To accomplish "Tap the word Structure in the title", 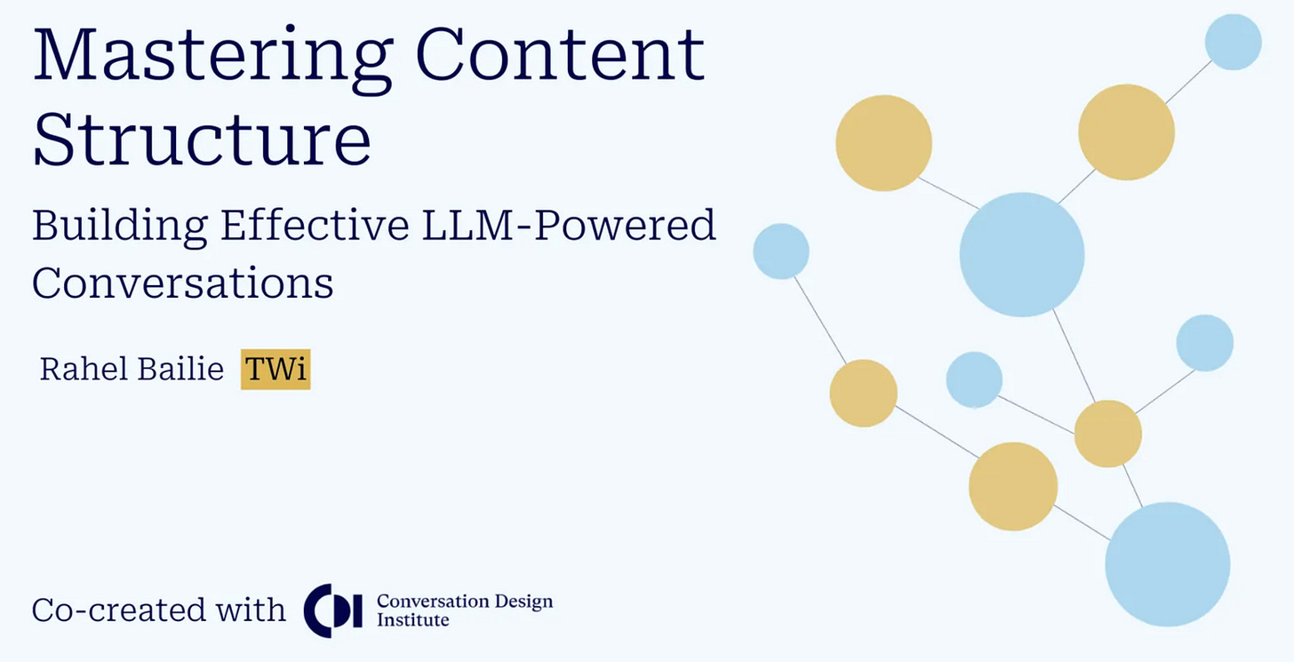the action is pos(202,140).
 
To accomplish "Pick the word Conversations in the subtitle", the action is pos(183,283).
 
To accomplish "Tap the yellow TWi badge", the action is pos(276,369).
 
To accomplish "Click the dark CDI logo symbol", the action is pos(332,610).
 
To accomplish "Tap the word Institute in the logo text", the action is pos(412,620).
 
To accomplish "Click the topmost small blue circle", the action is pos(1233,42).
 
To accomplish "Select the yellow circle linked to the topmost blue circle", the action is pos(1126,132).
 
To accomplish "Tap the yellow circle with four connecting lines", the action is pos(1107,434).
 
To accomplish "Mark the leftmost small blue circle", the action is pos(781,251).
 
